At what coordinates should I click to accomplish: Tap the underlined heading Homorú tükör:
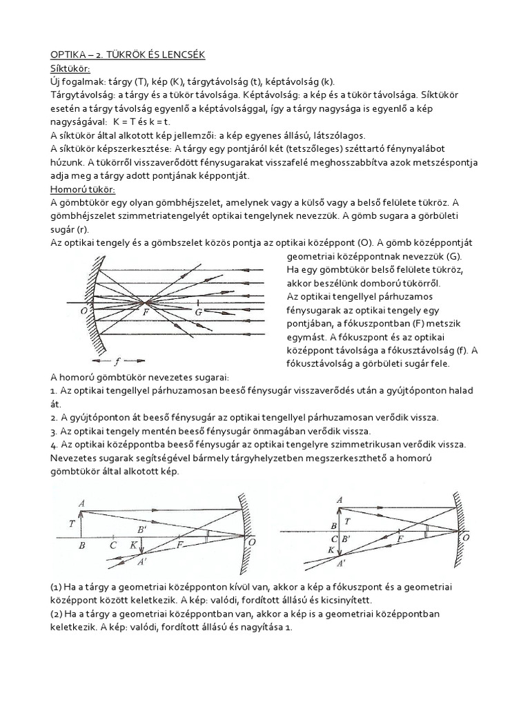(84, 189)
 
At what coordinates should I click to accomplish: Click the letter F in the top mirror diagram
(146, 312)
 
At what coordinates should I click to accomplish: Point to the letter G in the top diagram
(199, 313)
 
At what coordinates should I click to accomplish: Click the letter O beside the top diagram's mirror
(83, 311)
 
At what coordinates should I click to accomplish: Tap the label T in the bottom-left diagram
(72, 523)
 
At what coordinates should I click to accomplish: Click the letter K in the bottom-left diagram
(133, 545)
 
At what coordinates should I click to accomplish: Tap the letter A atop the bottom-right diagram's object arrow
(338, 499)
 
